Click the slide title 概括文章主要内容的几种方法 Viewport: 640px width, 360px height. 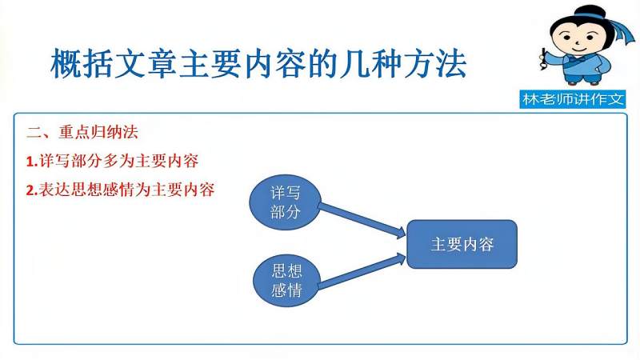pyautogui.click(x=258, y=64)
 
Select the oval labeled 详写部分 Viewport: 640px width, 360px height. pyautogui.click(x=285, y=203)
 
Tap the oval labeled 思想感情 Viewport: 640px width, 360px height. pyautogui.click(x=286, y=281)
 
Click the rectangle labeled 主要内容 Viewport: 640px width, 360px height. pyautogui.click(x=462, y=244)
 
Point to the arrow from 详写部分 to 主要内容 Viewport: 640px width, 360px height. pyautogui.click(x=362, y=222)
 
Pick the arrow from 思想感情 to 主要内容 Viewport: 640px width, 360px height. pyautogui.click(x=362, y=270)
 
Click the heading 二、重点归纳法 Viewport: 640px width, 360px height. pyautogui.click(x=82, y=132)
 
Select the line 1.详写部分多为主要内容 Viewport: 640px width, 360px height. pyautogui.click(x=112, y=162)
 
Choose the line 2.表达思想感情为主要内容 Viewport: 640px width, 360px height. pyautogui.click(x=121, y=190)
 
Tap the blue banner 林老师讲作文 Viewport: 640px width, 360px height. pyautogui.click(x=573, y=99)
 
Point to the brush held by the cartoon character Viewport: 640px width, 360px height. pyautogui.click(x=543, y=59)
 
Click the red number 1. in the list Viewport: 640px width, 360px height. pyautogui.click(x=32, y=162)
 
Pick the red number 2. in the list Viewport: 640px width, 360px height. pyautogui.click(x=32, y=190)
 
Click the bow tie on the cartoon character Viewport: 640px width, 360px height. pyautogui.click(x=577, y=60)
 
